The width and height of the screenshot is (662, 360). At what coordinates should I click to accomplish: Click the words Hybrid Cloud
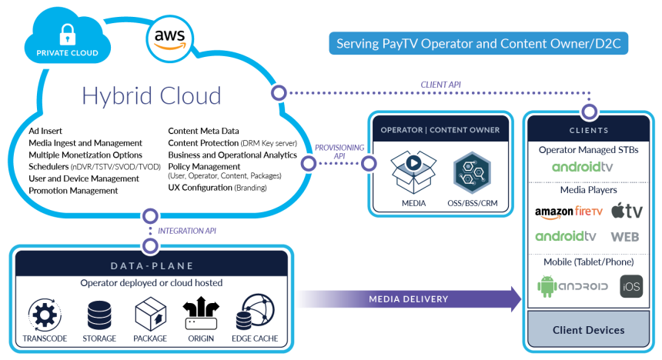tap(152, 95)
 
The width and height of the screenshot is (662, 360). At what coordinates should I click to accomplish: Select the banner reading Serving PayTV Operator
tap(479, 43)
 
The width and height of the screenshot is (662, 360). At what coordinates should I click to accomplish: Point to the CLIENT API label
tap(441, 84)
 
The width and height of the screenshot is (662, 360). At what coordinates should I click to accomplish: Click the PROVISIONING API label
tap(339, 151)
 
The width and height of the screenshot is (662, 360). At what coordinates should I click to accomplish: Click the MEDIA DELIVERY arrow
tap(408, 298)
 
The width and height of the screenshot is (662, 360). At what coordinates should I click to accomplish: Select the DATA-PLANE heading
tap(152, 265)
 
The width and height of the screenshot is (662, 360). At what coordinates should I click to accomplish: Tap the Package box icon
tap(151, 314)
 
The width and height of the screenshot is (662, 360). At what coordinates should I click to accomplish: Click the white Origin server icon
tap(202, 324)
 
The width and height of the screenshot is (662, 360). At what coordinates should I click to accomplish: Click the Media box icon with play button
tap(413, 172)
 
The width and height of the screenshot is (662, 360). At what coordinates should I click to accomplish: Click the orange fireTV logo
tap(588, 210)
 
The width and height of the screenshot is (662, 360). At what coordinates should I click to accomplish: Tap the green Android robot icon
tap(547, 286)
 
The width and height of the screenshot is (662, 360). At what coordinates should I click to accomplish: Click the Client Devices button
tap(589, 330)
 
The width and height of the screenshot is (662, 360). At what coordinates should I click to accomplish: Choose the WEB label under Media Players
tap(625, 236)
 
